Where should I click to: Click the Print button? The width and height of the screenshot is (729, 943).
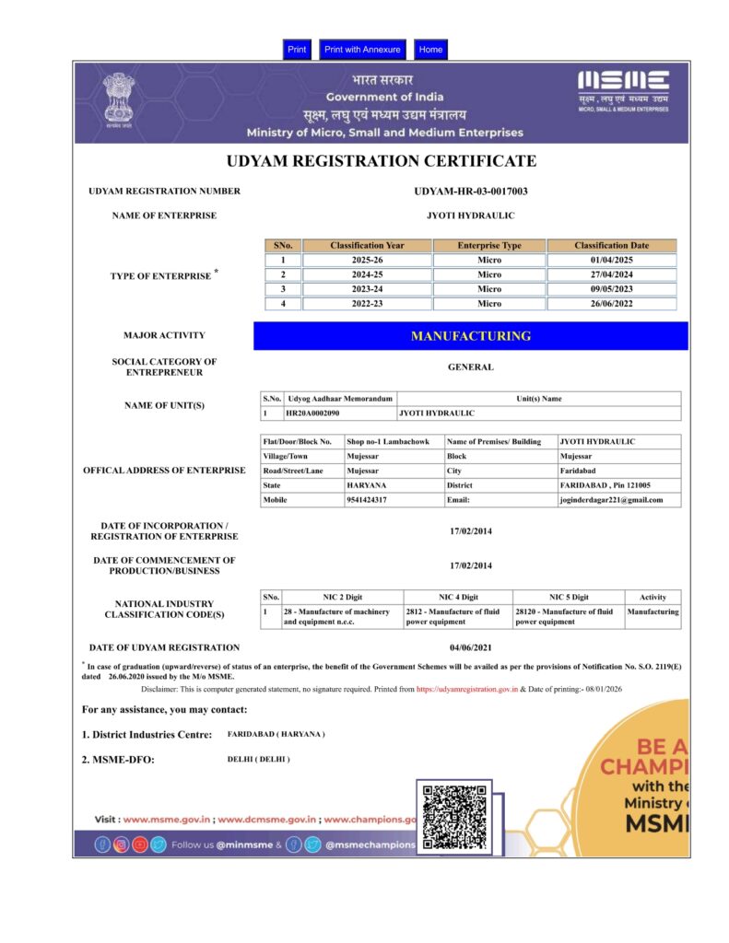[x=297, y=50]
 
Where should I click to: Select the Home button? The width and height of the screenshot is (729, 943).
[x=430, y=50]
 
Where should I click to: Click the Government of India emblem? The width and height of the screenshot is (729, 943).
[x=118, y=99]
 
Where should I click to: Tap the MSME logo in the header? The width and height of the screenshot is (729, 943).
[x=624, y=90]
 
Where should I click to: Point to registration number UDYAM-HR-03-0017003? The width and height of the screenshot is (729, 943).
[x=471, y=192]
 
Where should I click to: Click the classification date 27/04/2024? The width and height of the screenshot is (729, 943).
[x=611, y=274]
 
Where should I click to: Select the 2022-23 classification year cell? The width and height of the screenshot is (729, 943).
[x=367, y=303]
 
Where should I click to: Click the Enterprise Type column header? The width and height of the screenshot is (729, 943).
[x=488, y=246]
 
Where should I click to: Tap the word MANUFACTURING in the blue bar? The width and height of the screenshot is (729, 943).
[x=471, y=336]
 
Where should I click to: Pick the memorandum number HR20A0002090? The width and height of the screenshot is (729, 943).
[x=312, y=414]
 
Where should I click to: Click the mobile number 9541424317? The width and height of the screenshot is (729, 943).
[x=367, y=500]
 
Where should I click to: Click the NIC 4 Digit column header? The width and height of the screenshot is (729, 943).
[x=458, y=598]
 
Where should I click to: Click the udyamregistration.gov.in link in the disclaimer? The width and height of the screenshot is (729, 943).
[x=466, y=689]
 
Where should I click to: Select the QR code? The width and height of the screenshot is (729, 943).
[x=453, y=817]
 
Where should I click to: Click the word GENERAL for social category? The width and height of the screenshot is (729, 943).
[x=471, y=367]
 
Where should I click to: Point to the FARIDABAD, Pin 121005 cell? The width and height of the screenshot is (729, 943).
[x=606, y=485]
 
